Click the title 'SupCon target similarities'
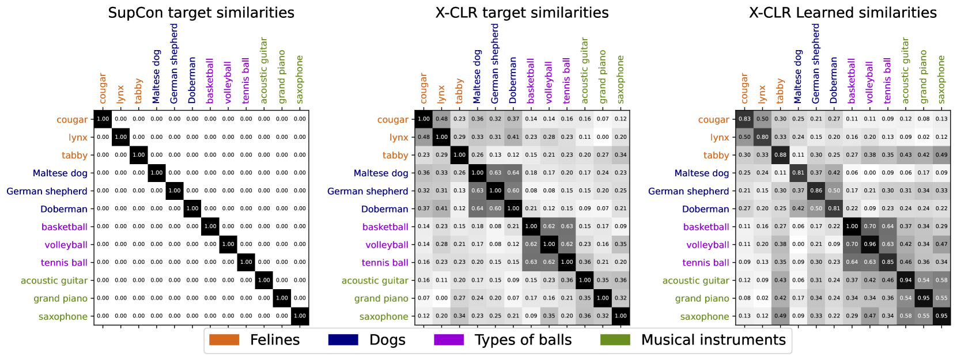point(201,13)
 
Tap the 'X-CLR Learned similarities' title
point(842,13)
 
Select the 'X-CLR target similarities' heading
point(522,13)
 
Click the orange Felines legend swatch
point(224,340)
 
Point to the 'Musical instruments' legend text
point(713,340)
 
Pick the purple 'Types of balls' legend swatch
point(449,340)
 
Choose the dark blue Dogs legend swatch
point(343,340)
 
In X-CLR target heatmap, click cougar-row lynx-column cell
point(441,119)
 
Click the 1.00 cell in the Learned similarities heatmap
point(852,226)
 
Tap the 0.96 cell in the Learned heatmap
point(870,244)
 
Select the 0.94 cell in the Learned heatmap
point(906,280)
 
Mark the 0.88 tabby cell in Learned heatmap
point(780,155)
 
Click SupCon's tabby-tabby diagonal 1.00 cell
point(138,155)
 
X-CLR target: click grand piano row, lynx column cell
point(441,298)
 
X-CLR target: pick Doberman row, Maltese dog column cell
point(477,209)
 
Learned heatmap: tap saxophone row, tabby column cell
point(780,316)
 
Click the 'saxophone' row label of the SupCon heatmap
point(63,317)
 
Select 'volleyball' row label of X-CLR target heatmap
point(387,245)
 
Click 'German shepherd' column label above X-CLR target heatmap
point(495,64)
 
